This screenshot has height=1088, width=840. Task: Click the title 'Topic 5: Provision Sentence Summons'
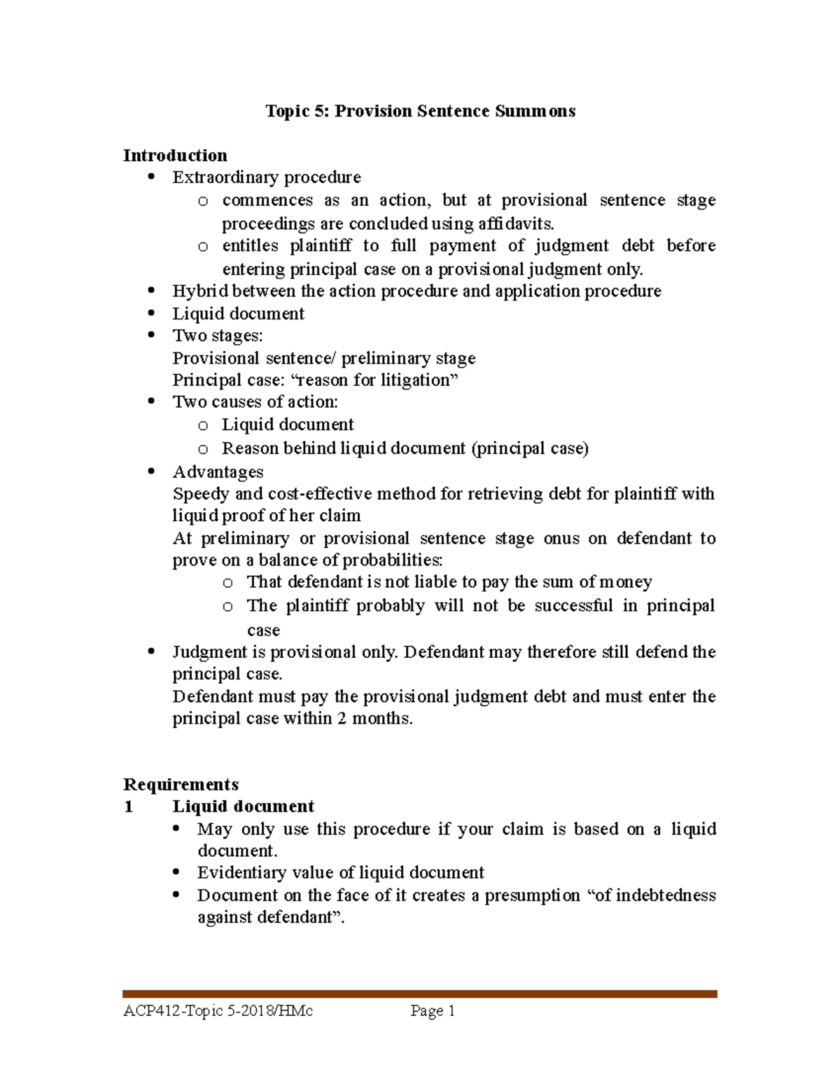pos(420,111)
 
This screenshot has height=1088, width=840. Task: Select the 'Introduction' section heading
pos(175,156)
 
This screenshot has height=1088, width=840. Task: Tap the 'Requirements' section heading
pos(181,784)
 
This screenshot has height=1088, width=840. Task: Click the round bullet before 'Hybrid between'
pos(151,291)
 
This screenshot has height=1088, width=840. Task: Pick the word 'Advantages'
pos(218,472)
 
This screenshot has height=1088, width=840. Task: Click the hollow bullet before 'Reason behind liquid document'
pos(203,449)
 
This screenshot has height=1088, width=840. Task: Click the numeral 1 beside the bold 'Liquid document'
pos(128,807)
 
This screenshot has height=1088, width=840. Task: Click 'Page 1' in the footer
pos(433,1011)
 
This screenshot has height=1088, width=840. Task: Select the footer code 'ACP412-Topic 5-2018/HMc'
pos(218,1011)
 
